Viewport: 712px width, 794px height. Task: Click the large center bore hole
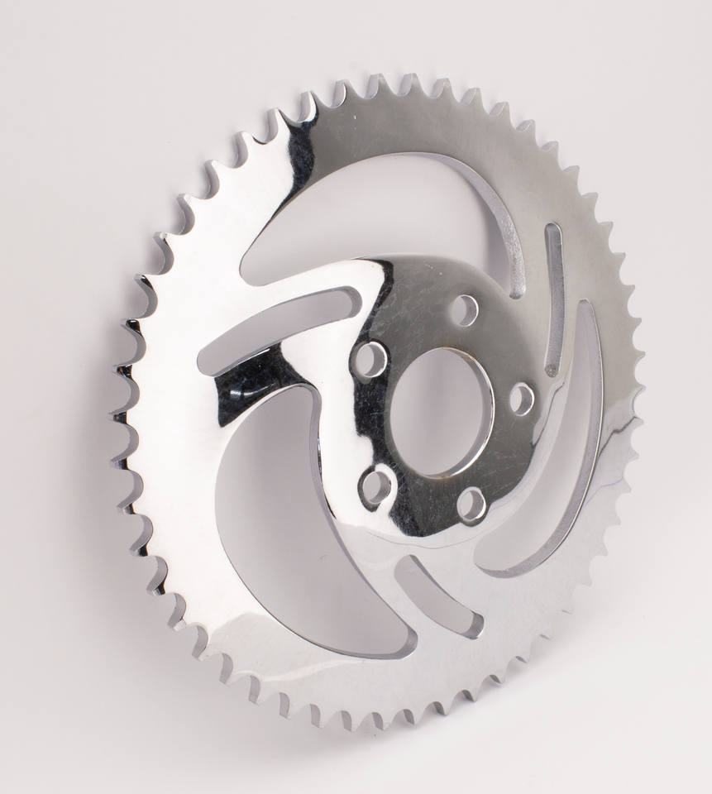click(439, 411)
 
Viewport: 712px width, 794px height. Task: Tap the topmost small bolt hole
click(465, 310)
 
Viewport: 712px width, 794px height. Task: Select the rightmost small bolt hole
click(521, 399)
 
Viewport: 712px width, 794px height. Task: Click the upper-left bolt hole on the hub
click(370, 359)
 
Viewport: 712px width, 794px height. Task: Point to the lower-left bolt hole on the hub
click(375, 487)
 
